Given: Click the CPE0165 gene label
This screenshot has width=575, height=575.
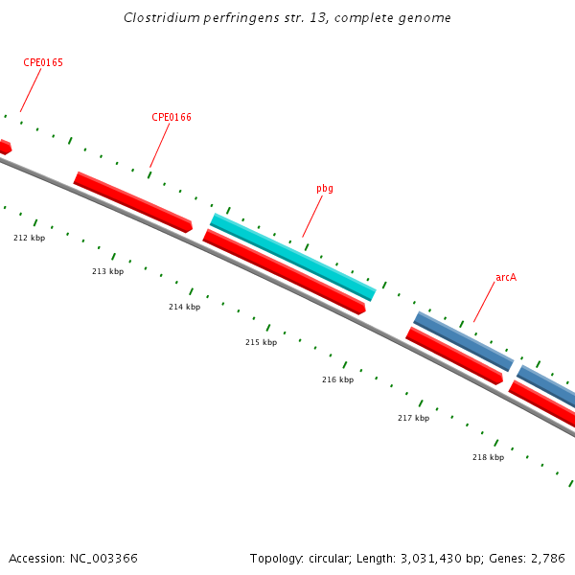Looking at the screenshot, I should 43,63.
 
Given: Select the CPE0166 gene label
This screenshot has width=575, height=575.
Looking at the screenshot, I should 172,118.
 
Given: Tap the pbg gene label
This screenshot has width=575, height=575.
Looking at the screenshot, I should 325,189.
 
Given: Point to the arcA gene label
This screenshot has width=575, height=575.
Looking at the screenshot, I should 506,278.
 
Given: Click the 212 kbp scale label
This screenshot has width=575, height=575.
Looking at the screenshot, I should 29,238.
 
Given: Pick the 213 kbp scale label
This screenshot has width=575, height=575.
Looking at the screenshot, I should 107,272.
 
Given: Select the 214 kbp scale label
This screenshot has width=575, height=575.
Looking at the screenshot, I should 184,308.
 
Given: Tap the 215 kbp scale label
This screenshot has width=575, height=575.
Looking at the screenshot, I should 261,343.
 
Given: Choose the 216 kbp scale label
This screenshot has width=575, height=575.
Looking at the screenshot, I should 337,380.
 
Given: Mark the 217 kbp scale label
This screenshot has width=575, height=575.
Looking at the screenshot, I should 413,419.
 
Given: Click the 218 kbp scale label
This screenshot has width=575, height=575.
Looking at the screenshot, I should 488,458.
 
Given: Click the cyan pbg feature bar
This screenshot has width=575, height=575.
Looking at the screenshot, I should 292,256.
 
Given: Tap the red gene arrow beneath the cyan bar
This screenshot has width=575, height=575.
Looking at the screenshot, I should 284,271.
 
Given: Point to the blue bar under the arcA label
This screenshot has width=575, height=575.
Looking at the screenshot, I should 463,340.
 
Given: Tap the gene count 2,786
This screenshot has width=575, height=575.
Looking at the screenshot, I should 546,559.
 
